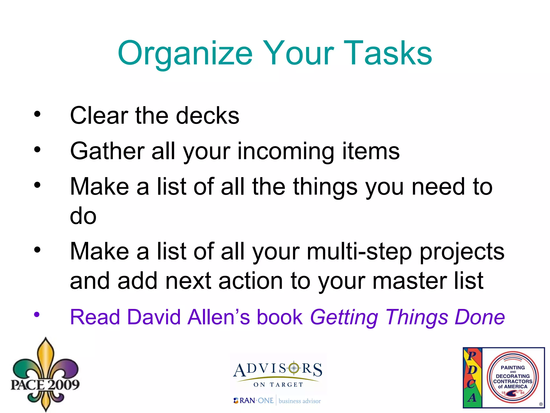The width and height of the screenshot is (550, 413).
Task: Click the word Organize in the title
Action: pyautogui.click(x=185, y=53)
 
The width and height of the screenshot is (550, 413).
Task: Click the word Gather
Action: pyautogui.click(x=107, y=151)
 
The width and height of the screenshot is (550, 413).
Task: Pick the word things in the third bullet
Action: pyautogui.click(x=325, y=187)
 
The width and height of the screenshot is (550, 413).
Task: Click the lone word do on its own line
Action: pyautogui.click(x=83, y=216)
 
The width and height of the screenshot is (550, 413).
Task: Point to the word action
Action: pyautogui.click(x=251, y=281)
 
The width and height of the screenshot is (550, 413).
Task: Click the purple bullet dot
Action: pyautogui.click(x=37, y=314)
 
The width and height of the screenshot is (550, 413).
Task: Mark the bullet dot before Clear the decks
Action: pyautogui.click(x=37, y=114)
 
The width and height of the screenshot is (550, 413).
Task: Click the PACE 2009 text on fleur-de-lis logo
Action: pyautogui.click(x=45, y=384)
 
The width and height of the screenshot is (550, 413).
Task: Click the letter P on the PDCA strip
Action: pyautogui.click(x=472, y=355)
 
